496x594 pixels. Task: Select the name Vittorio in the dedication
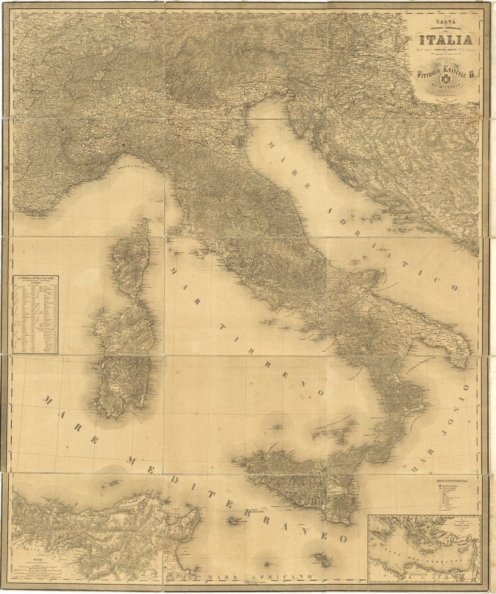(427, 73)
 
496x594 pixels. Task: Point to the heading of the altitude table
(35, 280)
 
